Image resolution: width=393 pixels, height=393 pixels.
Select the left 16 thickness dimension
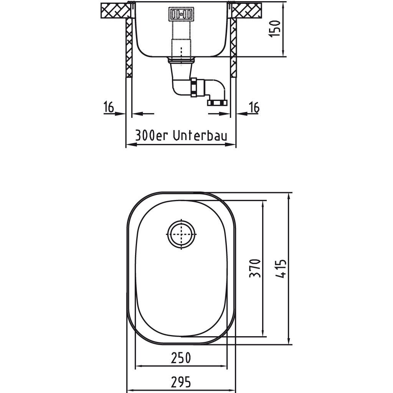(109, 107)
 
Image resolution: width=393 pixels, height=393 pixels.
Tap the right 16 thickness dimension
(254, 107)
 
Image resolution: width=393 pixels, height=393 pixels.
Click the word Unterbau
(200, 136)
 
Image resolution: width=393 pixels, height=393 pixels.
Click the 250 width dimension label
(181, 358)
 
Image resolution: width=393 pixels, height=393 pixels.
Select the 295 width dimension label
(181, 382)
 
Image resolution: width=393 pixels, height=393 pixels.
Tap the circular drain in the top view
(181, 234)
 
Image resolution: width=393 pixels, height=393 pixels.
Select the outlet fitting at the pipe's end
(217, 102)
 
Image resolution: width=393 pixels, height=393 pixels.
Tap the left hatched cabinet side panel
(129, 48)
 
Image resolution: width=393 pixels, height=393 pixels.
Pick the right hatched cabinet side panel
(233, 48)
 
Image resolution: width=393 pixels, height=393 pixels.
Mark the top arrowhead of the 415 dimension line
(289, 196)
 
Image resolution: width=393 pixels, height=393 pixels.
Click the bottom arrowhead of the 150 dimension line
(283, 54)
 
